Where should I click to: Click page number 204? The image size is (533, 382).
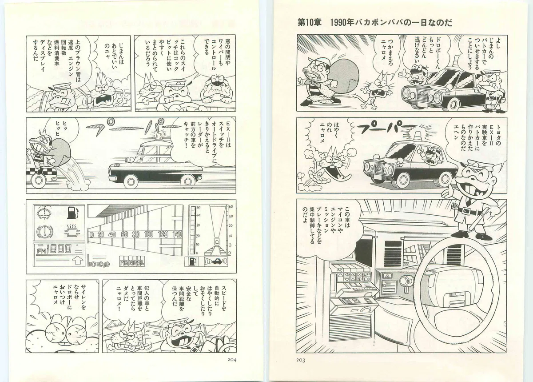[x=231, y=360]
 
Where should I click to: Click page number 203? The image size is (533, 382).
[x=301, y=360]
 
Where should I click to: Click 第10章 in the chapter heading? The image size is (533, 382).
[x=310, y=23]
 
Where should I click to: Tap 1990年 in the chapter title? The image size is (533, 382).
[x=342, y=23]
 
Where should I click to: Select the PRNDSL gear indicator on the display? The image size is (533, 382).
[x=132, y=262]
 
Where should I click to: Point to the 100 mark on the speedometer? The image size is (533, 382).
[x=149, y=234]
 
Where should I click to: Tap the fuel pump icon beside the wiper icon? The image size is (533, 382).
[x=72, y=213]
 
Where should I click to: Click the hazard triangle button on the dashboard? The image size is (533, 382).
[x=388, y=276]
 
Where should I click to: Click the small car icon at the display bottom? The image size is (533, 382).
[x=217, y=261]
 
